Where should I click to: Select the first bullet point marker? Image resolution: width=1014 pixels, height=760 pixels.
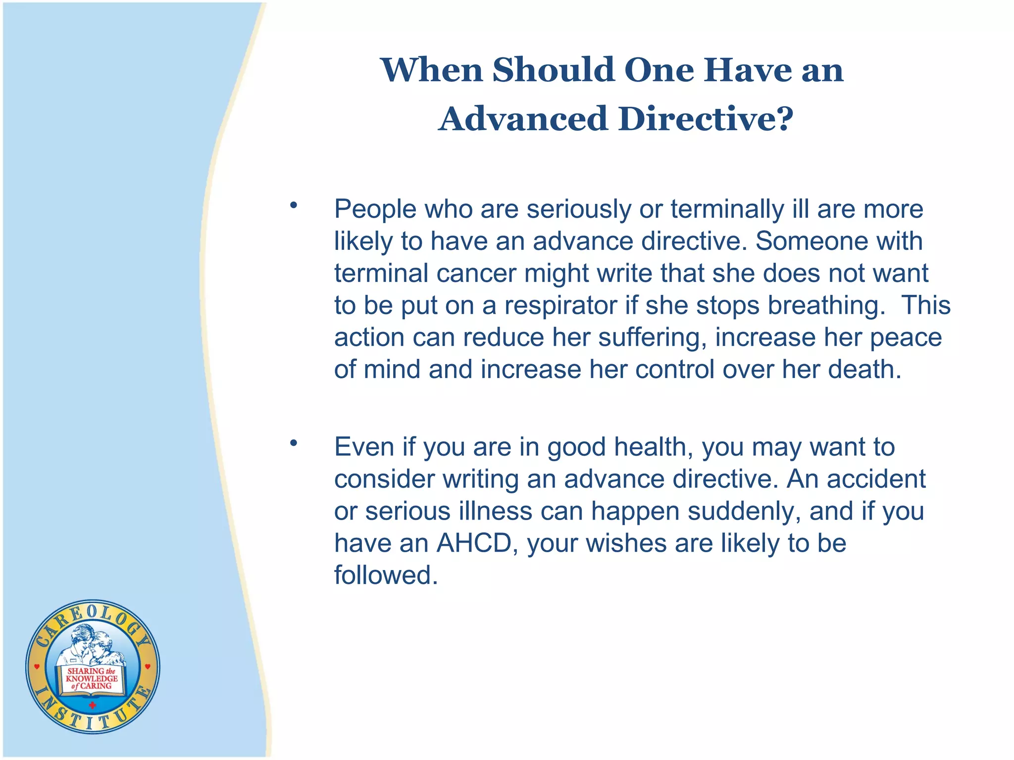pyautogui.click(x=294, y=205)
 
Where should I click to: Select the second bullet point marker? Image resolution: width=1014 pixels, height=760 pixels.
pyautogui.click(x=294, y=443)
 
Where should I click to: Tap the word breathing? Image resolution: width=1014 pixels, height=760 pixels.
pyautogui.click(x=826, y=306)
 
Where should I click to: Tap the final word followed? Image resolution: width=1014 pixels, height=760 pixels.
pyautogui.click(x=386, y=575)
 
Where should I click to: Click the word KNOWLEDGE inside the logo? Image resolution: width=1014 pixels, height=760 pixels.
pyautogui.click(x=92, y=678)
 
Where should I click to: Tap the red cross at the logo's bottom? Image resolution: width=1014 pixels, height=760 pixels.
pyautogui.click(x=92, y=705)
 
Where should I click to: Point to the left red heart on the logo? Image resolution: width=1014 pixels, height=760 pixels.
pyautogui.click(x=37, y=667)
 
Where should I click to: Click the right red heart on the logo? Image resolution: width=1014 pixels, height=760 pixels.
pyautogui.click(x=148, y=667)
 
